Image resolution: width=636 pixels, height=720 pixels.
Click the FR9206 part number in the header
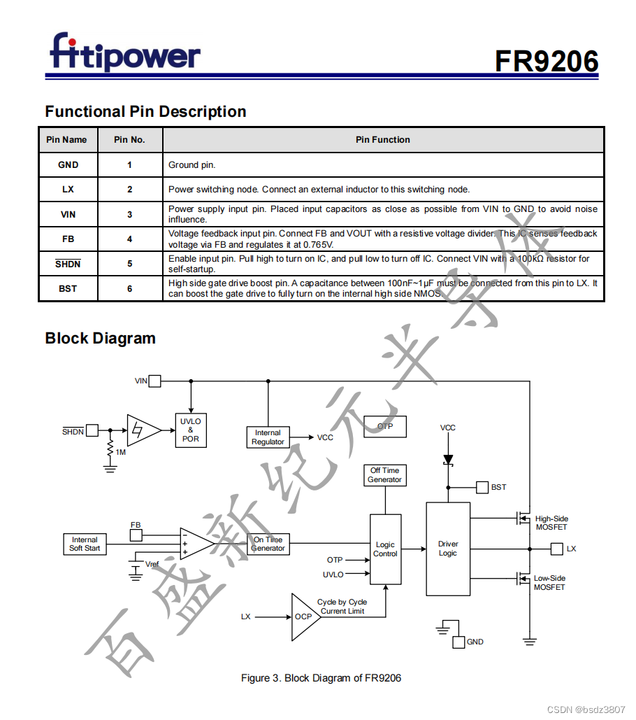pos(547,62)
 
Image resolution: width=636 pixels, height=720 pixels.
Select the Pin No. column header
pos(129,140)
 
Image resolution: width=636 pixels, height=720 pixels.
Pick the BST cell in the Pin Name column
pos(68,288)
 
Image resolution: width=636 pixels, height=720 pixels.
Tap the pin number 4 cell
pos(129,239)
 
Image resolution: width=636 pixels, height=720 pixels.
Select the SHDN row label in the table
pos(68,264)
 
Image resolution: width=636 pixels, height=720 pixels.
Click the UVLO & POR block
pos(190,430)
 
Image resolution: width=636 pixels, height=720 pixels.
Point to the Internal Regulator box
pos(268,437)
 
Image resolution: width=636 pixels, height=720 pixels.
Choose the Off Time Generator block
pos(385,475)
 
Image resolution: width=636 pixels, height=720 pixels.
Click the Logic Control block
pos(385,549)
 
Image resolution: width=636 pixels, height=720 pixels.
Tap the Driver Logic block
pos(448,549)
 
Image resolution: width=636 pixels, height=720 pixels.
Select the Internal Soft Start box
pos(85,544)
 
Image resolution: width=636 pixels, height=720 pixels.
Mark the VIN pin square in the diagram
pos(154,381)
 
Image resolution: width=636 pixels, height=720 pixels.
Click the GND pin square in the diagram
pos(458,642)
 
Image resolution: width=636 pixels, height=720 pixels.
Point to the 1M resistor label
pos(121,452)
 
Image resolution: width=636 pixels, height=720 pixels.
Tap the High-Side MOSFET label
pos(551,523)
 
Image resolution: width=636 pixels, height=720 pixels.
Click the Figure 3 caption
pos(321,678)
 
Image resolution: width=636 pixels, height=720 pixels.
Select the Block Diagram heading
pos(100,339)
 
